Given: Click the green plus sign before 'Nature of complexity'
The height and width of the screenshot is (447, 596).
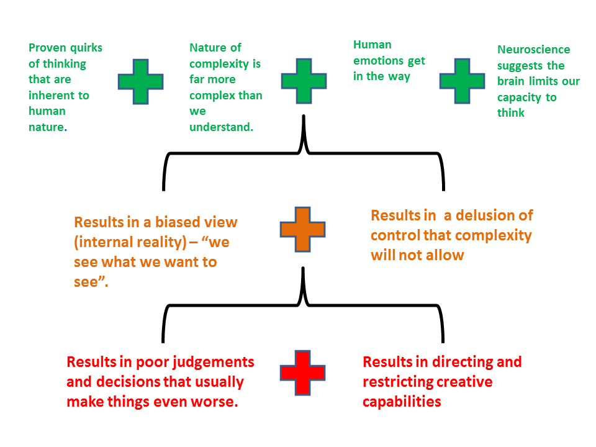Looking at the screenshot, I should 141,81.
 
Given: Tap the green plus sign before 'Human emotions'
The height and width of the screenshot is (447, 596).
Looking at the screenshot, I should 304,81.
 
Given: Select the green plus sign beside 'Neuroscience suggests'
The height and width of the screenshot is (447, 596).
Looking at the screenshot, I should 462,81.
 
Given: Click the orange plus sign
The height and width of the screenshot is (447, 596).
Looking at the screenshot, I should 303,229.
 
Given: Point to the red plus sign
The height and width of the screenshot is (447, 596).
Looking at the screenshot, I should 303,372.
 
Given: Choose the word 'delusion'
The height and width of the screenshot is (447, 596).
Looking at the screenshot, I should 484,215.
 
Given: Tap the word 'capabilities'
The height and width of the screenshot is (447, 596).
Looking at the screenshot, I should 402,401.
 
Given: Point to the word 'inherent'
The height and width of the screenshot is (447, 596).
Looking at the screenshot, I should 50,96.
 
